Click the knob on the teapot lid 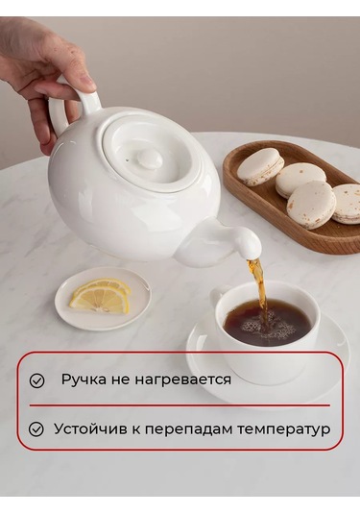150,159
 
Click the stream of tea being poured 258,285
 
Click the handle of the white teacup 217,297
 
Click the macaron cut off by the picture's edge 348,204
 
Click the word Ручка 84,380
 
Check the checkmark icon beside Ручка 36,380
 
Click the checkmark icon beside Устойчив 36,429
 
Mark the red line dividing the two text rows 180,405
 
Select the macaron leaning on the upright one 300,180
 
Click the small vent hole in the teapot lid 127,160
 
